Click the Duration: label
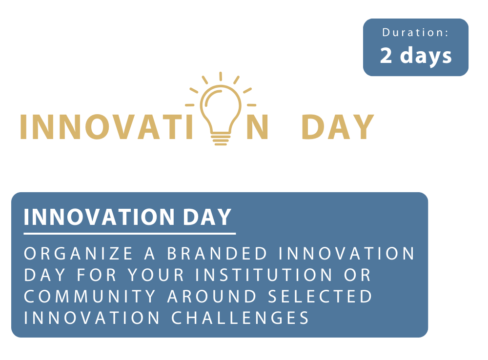pos(415,32)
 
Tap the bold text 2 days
pos(416,56)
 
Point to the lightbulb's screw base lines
pos(221,140)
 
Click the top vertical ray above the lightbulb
pos(221,77)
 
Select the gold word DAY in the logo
pos(338,127)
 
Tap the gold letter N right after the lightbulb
pos(257,127)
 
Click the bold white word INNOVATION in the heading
pos(99,217)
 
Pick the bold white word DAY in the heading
pos(207,217)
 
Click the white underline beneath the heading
pos(130,233)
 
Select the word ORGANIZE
pos(79,253)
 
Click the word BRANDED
pos(217,253)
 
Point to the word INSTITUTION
pos(264,275)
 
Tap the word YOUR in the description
pos(156,275)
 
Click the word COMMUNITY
pos(90,296)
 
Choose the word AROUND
pos(212,296)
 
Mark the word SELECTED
pos(320,296)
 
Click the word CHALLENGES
pos(240,318)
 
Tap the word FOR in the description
pos(97,275)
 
